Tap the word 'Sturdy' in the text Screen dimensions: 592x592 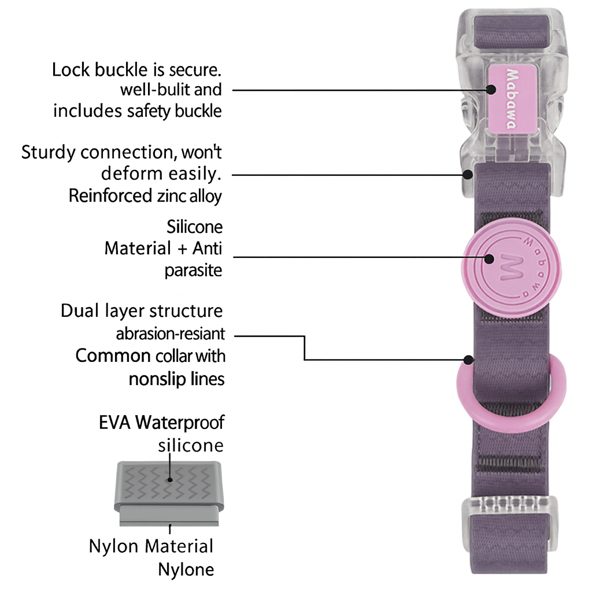tap(48, 153)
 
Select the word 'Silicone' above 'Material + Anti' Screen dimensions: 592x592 tap(194, 226)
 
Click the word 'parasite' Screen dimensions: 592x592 tap(193, 270)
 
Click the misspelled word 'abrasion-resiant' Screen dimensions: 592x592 tap(170, 334)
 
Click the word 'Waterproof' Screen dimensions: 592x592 tap(180, 423)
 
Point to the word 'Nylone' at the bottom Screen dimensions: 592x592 tap(186, 569)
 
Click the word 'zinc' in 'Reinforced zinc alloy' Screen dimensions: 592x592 tap(172, 196)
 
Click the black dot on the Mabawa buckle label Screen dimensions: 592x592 tap(490, 90)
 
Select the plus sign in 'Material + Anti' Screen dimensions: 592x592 tap(182, 249)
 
